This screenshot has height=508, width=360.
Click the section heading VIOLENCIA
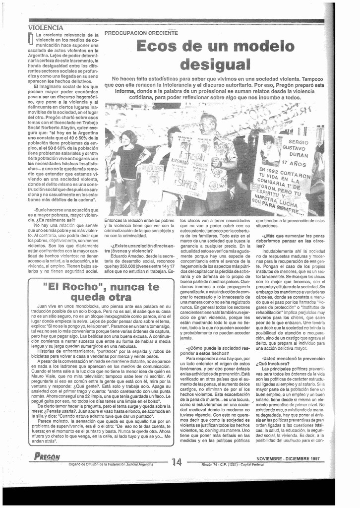pos(46,28)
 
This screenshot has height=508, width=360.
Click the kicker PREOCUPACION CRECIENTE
pos(141,33)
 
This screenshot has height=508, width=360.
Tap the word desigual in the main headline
pos(215,64)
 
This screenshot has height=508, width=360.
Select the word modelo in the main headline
pos(258,46)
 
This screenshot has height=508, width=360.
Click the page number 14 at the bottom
pos(177,462)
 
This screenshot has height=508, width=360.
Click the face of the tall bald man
pos(209,124)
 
